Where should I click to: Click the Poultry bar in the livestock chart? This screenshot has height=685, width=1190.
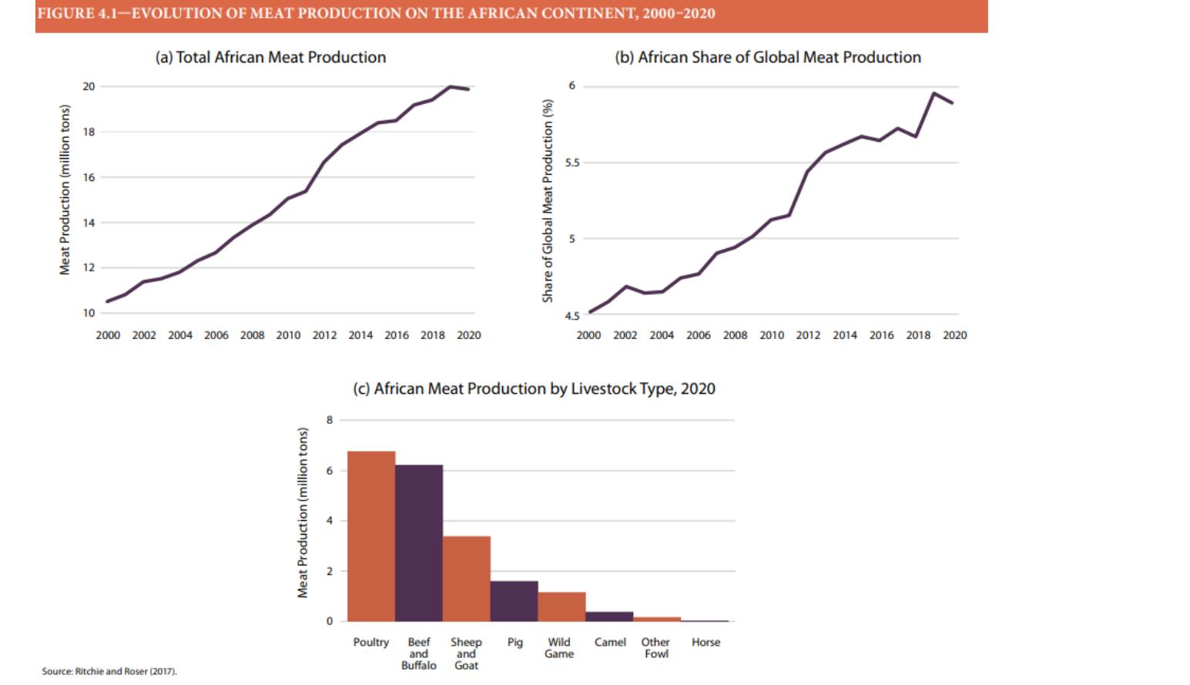371,536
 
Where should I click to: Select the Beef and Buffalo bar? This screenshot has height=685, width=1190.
419,543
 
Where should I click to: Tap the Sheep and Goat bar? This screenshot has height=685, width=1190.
467,579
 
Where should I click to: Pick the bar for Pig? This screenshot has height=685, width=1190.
515,601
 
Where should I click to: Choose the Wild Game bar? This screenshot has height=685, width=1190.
561,606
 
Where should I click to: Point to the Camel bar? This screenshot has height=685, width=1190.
609,616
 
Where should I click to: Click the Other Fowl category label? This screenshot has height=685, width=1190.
655,647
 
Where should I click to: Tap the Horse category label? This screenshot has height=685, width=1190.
706,642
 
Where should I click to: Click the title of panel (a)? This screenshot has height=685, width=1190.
270,57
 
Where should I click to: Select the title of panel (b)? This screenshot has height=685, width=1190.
767,57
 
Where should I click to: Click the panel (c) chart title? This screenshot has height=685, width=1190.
534,388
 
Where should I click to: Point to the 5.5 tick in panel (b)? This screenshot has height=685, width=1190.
572,163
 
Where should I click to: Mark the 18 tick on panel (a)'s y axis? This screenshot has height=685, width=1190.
89,132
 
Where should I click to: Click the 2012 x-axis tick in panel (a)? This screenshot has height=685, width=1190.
324,335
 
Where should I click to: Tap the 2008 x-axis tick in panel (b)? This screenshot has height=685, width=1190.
735,335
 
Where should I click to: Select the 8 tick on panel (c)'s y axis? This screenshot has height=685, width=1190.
330,420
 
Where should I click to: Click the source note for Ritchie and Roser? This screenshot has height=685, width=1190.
109,671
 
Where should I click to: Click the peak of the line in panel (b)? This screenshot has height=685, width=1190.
934,93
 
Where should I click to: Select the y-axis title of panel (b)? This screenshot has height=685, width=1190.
548,200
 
